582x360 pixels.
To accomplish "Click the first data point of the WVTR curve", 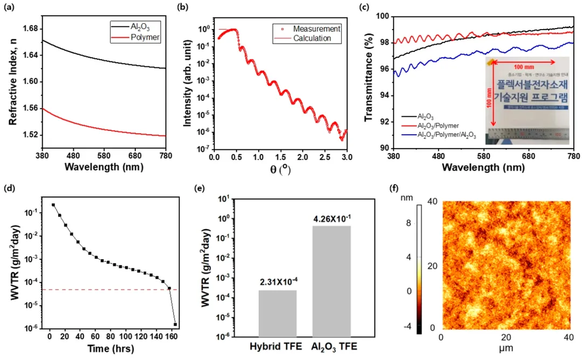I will tap(53, 205).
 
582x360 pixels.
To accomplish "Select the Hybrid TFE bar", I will tap(278, 313).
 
